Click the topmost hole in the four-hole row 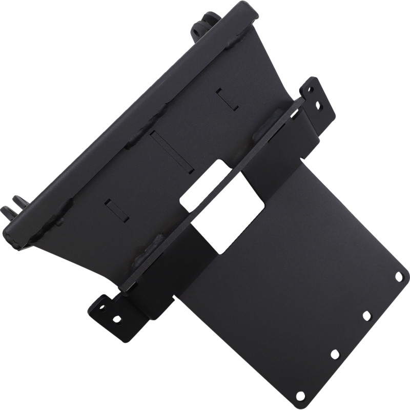pyautogui.click(x=399, y=277)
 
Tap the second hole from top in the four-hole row pyautogui.click(x=367, y=316)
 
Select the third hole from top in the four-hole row pyautogui.click(x=335, y=354)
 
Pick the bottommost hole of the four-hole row pyautogui.click(x=301, y=396)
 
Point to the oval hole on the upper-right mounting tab pyautogui.click(x=318, y=106)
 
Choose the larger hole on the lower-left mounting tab pyautogui.click(x=117, y=319)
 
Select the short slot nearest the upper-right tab pyautogui.click(x=227, y=99)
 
